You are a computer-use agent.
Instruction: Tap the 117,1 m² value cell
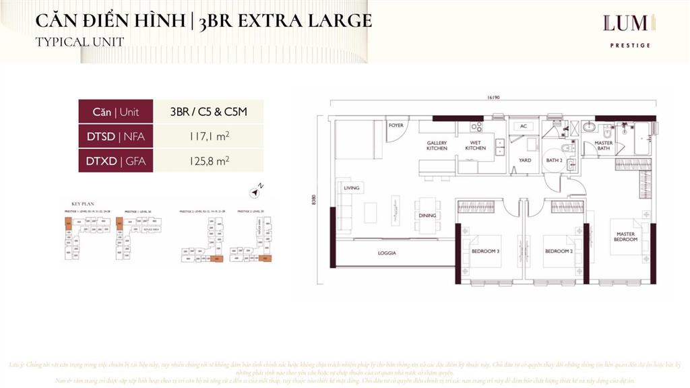click(x=208, y=136)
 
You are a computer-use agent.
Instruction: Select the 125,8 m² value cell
click(x=208, y=160)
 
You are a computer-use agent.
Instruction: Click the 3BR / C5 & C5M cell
click(x=208, y=112)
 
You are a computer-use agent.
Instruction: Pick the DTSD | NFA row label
click(x=116, y=136)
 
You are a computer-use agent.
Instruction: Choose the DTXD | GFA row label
click(x=116, y=160)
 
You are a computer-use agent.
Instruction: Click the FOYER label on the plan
click(x=396, y=125)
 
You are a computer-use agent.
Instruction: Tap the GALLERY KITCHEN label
click(x=437, y=145)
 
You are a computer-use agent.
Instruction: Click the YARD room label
click(x=524, y=160)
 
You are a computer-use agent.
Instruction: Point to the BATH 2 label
click(x=554, y=160)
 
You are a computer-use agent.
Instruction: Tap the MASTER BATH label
click(x=603, y=145)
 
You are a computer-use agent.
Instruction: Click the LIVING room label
click(x=351, y=188)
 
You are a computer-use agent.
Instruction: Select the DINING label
click(x=426, y=216)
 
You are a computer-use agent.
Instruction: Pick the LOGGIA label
click(x=387, y=253)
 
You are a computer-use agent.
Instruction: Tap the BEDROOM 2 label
click(x=558, y=251)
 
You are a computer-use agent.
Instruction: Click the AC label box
click(x=523, y=126)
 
